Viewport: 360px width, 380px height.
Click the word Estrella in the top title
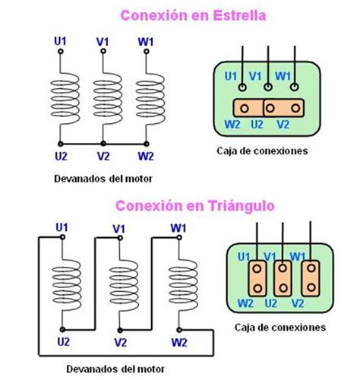239,15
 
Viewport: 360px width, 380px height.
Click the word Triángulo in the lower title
242,206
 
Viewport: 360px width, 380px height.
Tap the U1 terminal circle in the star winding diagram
61,52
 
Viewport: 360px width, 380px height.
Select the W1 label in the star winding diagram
146,42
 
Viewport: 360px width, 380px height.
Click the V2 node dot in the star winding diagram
103,144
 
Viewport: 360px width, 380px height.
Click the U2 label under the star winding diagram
61,157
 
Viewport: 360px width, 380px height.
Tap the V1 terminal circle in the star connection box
268,87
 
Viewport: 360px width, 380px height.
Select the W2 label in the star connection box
232,125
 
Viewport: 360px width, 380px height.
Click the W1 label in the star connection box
283,76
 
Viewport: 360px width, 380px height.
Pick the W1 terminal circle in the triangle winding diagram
179,238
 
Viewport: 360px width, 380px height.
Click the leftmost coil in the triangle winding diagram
66,282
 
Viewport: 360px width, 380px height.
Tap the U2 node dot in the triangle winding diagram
62,330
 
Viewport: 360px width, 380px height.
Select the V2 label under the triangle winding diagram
120,343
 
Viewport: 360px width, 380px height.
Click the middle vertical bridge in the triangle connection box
283,278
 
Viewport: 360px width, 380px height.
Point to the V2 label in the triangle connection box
298,303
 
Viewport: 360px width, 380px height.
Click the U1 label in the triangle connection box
244,257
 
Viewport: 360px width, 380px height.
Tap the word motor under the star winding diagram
139,179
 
